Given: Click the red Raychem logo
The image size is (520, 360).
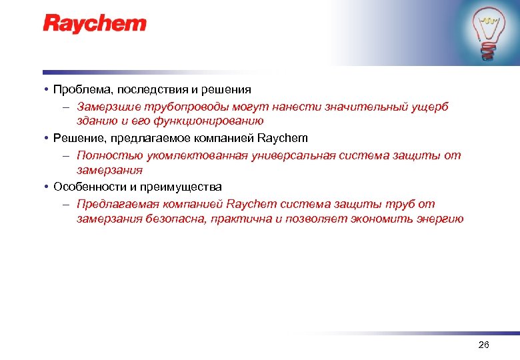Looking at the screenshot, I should coord(95,25).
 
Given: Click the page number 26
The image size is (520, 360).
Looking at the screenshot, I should coord(484,344).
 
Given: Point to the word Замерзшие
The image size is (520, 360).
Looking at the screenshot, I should coord(103,106).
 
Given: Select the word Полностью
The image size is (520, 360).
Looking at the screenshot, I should coord(103,155).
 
